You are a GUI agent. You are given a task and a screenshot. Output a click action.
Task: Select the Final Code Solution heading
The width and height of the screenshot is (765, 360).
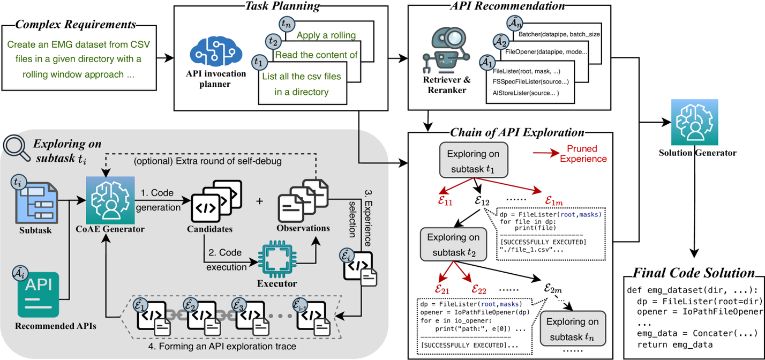point(694,273)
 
